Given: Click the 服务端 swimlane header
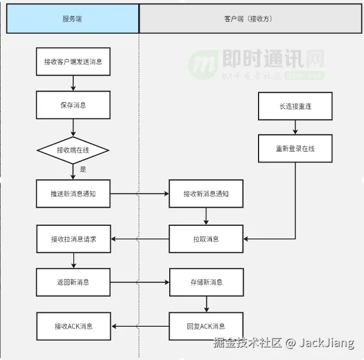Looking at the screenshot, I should pyautogui.click(x=73, y=19).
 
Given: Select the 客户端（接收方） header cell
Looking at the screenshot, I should pyautogui.click(x=251, y=19).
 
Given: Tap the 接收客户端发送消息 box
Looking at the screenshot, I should pyautogui.click(x=73, y=62).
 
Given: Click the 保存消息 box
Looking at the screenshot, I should pyautogui.click(x=73, y=105).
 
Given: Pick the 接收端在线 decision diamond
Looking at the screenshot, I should pyautogui.click(x=73, y=150).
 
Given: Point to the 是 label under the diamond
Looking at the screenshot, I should pyautogui.click(x=83, y=169).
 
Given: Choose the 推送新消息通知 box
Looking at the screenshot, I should pyautogui.click(x=73, y=194).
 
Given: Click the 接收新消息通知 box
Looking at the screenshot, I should pyautogui.click(x=206, y=194).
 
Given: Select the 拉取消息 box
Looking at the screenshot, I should pyautogui.click(x=206, y=239).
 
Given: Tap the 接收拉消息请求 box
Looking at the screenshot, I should pyautogui.click(x=73, y=239).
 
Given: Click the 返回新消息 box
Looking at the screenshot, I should pyautogui.click(x=73, y=282).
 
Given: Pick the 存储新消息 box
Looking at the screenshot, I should pyautogui.click(x=206, y=282).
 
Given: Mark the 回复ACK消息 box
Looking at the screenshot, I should pyautogui.click(x=206, y=326).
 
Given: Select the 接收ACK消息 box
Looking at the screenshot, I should pyautogui.click(x=73, y=326).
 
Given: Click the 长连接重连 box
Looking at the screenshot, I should pyautogui.click(x=295, y=106).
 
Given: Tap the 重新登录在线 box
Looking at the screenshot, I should pyautogui.click(x=295, y=149).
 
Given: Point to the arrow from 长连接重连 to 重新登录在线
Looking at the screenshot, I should pyautogui.click(x=295, y=128).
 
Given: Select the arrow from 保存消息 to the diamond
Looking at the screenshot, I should pyautogui.click(x=73, y=128).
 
